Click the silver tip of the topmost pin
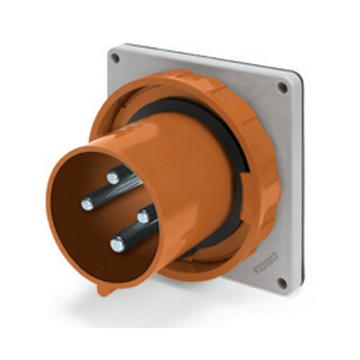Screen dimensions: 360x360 click(x=113, y=179)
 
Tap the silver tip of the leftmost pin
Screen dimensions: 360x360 click(x=88, y=205)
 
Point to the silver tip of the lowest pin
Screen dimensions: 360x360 click(x=117, y=244)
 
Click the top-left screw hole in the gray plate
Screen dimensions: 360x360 click(x=116, y=58)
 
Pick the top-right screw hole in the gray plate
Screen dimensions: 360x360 click(x=282, y=87)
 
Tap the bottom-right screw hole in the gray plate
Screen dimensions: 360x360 click(x=281, y=283)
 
